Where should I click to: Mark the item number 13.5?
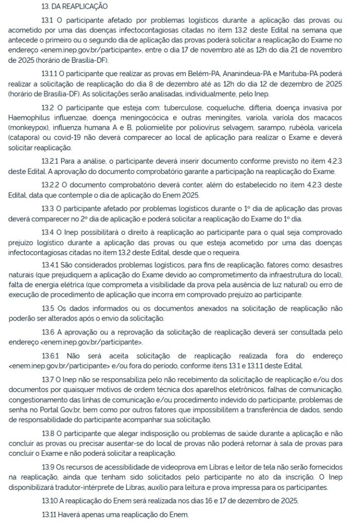pos(47,309)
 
